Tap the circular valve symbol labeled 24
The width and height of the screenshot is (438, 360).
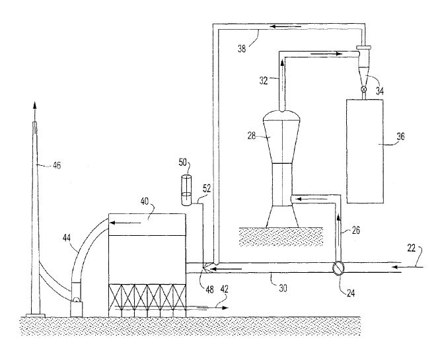click(338, 268)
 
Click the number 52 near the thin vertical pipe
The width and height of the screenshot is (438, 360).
click(206, 188)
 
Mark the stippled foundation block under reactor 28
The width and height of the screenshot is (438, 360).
click(281, 235)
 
